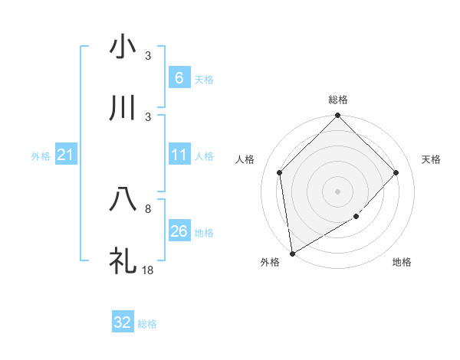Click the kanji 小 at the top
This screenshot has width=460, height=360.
[123, 47]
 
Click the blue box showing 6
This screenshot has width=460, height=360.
[179, 78]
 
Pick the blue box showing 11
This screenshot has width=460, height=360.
[179, 155]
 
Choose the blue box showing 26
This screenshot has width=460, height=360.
[179, 231]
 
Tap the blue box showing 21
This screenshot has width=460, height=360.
[65, 155]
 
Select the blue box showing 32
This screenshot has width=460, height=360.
[123, 322]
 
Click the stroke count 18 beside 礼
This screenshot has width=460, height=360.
[149, 270]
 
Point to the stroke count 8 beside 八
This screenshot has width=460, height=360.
[148, 208]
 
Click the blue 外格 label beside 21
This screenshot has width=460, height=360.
[41, 156]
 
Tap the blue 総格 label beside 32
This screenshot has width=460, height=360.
[147, 323]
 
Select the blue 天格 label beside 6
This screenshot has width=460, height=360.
[204, 79]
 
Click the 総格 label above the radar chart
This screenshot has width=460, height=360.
[338, 100]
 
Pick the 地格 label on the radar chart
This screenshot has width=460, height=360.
[402, 263]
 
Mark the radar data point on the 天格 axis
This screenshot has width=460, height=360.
[396, 172]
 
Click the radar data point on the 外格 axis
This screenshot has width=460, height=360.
[292, 254]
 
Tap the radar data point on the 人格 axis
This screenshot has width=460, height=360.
[280, 172]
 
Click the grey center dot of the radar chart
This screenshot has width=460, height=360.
[338, 191]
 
